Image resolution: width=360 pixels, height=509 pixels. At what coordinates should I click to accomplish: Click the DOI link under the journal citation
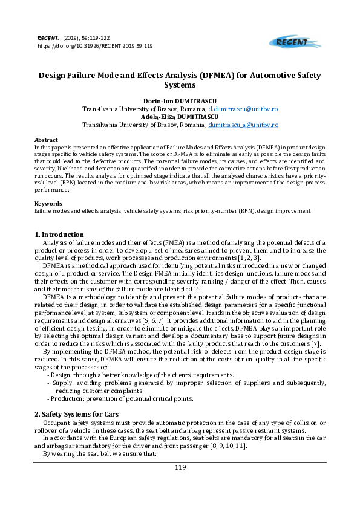[95, 45]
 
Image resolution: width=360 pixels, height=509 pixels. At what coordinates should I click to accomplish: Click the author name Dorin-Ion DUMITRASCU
[180, 100]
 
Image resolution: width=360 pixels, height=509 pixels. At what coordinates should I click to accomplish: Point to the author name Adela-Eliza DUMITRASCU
[180, 116]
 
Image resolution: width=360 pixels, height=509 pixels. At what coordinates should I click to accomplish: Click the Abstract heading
[46, 140]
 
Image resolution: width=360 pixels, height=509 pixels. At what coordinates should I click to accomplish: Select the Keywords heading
[48, 204]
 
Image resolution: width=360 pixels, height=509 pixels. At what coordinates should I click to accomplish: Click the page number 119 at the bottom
[180, 467]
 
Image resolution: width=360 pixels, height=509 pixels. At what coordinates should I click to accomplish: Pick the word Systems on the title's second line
[180, 86]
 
